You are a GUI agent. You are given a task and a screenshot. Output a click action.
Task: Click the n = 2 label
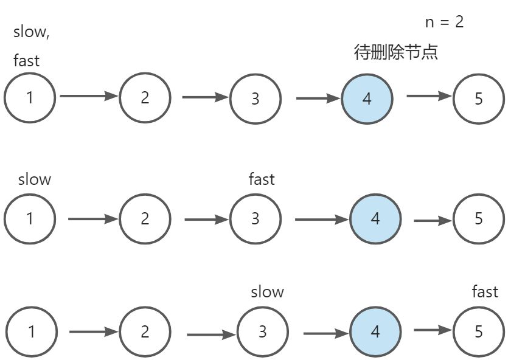coord(444,22)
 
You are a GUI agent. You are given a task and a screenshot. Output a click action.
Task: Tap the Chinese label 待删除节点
coord(396,52)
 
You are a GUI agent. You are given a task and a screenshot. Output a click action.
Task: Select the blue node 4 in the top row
coord(367,98)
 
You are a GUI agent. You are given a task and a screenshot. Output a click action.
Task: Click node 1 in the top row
coord(30,97)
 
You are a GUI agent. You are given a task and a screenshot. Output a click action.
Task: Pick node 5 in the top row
coord(479,98)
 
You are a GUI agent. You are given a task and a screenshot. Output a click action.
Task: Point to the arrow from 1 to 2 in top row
coord(88,95)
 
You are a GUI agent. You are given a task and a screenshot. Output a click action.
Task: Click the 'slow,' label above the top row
coord(32,33)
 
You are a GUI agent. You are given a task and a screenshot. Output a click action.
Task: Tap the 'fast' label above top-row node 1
coord(26,61)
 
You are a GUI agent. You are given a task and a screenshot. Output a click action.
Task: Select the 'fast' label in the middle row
coord(262,179)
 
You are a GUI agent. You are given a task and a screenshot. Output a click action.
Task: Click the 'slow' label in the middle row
coord(35,179)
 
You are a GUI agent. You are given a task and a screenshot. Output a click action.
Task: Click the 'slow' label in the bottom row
coord(267,292)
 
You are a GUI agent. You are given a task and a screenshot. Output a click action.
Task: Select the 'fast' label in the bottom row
coord(485,292)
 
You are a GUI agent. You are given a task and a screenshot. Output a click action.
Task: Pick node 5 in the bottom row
coord(479,331)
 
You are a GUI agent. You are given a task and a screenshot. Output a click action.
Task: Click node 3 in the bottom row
coord(262,331)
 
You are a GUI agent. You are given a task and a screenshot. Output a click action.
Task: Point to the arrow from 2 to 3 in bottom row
coord(211,334)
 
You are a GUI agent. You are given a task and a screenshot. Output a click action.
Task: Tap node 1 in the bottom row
coord(31,331)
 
